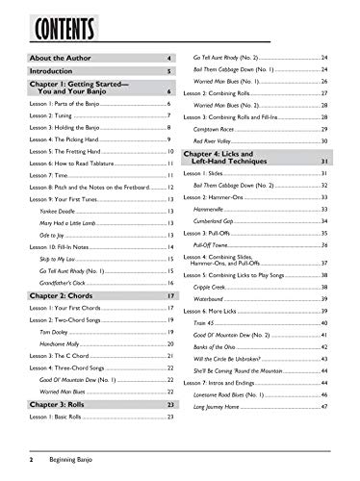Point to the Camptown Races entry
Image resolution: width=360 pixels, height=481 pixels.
click(214, 128)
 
